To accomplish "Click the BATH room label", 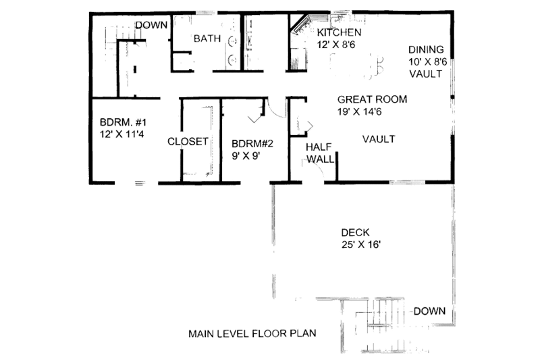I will [x=207, y=38].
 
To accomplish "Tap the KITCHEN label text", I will [x=340, y=32].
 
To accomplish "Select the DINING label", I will [x=426, y=49].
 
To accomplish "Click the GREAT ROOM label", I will [x=373, y=99].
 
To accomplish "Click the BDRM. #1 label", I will [x=123, y=122].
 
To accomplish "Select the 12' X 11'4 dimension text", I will [x=123, y=134].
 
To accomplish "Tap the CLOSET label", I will [x=188, y=142].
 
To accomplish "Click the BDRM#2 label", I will [x=252, y=144].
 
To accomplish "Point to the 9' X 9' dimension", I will [x=246, y=156].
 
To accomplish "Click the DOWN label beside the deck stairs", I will [x=429, y=311].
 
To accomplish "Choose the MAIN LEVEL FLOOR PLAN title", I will [x=252, y=334].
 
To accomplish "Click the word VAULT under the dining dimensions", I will [x=427, y=74].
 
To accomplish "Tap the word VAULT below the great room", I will [x=378, y=139].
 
